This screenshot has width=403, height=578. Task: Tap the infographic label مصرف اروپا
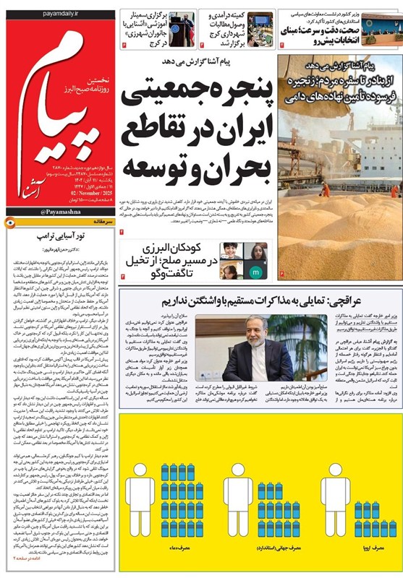[x=373, y=553]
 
